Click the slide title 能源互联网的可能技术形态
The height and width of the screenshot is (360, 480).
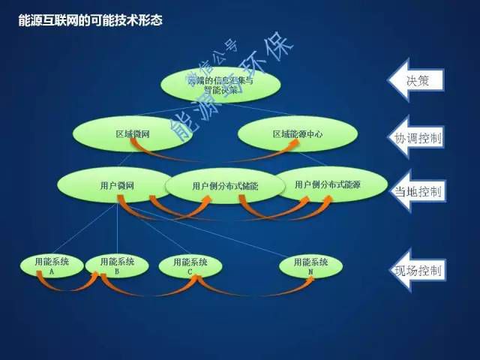click(x=91, y=20)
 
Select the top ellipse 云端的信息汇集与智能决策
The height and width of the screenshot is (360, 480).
click(x=220, y=85)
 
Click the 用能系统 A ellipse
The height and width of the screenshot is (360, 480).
click(x=52, y=265)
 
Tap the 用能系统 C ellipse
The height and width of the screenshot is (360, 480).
click(x=190, y=265)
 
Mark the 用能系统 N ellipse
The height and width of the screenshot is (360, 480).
click(x=310, y=265)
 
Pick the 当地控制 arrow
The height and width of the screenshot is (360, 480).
click(x=417, y=191)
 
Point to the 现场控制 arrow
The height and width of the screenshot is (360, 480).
click(x=417, y=268)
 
